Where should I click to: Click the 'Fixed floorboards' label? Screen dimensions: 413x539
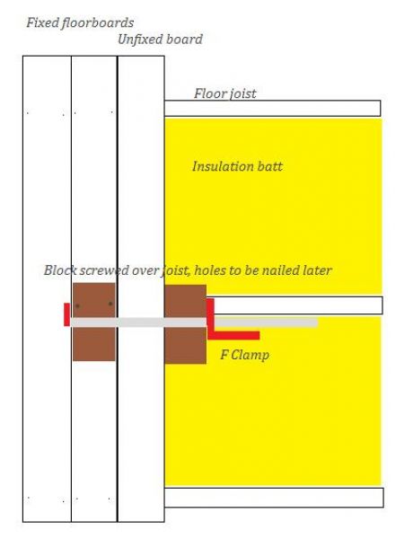(80, 23)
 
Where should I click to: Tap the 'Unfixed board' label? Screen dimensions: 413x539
(160, 40)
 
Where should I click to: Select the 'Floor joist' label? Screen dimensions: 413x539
(225, 93)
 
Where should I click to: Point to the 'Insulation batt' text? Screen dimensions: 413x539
(237, 166)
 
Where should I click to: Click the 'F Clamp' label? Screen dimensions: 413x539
(244, 355)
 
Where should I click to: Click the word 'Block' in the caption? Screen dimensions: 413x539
(60, 270)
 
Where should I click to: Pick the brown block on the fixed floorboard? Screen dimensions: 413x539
(93, 322)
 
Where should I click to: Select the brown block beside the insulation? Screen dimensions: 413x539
(186, 324)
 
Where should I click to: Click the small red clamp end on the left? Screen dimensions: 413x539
(67, 314)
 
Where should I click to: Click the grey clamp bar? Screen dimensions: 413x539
(194, 323)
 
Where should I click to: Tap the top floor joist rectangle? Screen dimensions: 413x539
(272, 109)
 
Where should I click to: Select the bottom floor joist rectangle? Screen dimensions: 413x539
(274, 497)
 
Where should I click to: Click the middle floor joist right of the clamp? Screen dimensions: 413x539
(298, 305)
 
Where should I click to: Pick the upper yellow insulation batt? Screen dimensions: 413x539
(273, 207)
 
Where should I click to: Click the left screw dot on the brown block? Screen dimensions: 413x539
(77, 305)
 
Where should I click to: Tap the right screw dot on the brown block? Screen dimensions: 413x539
(110, 304)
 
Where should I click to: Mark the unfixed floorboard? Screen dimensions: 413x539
(141, 288)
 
